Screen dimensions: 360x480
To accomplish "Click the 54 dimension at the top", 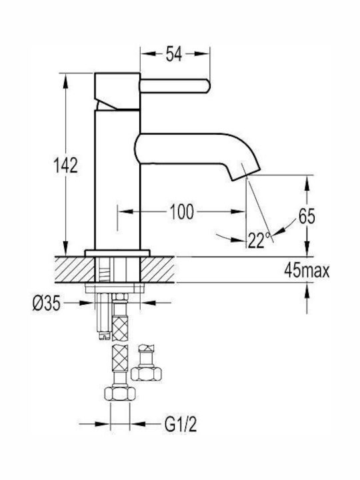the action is click(x=173, y=54).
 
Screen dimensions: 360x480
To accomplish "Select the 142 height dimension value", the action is click(x=65, y=165).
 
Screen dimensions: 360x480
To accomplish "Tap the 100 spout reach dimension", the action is click(x=182, y=211).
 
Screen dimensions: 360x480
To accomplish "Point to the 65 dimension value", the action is click(x=307, y=217).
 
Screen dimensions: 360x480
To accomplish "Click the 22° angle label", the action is click(x=259, y=240).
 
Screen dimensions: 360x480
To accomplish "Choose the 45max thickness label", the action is click(x=307, y=270).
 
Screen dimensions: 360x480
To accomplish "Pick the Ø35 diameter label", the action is click(x=47, y=304).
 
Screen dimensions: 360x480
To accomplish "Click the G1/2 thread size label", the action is click(x=181, y=424).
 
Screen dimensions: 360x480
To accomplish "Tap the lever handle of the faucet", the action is click(x=175, y=86).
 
